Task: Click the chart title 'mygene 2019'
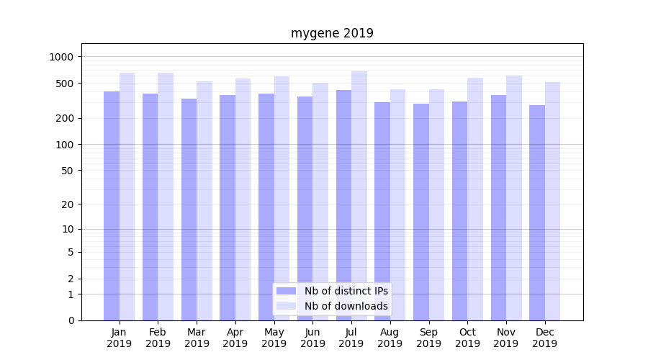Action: click(332, 33)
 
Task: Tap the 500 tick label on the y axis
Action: click(65, 84)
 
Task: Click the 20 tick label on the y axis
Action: click(68, 204)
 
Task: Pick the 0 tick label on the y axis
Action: click(71, 320)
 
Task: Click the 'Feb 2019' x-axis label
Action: click(158, 338)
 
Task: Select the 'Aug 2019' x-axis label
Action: click(390, 338)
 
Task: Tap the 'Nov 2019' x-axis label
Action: click(506, 338)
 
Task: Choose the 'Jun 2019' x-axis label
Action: click(312, 338)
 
